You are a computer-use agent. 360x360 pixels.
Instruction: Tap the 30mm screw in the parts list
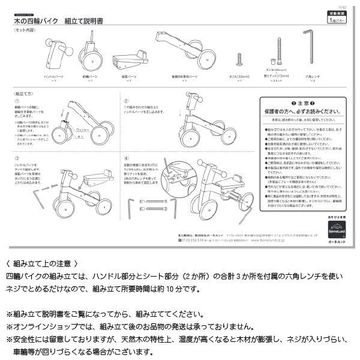click(239, 59)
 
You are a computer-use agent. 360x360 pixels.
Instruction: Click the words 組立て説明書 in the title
click(92, 20)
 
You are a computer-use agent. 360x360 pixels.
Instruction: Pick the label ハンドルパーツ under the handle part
click(55, 77)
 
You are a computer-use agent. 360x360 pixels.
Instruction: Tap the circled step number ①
click(17, 101)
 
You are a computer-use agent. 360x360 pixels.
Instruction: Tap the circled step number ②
click(126, 101)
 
